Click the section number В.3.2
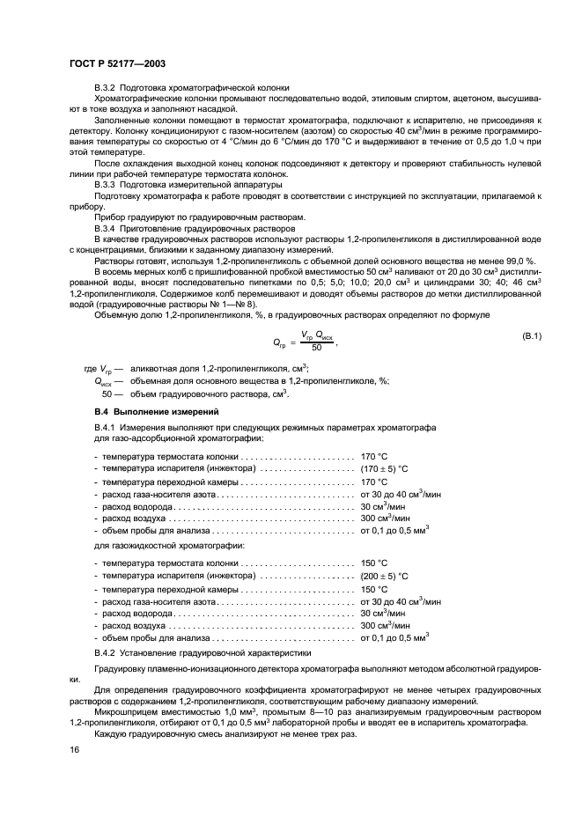107,90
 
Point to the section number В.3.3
107,187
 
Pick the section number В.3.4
107,227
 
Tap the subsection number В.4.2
107,653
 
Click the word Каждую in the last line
111,733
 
